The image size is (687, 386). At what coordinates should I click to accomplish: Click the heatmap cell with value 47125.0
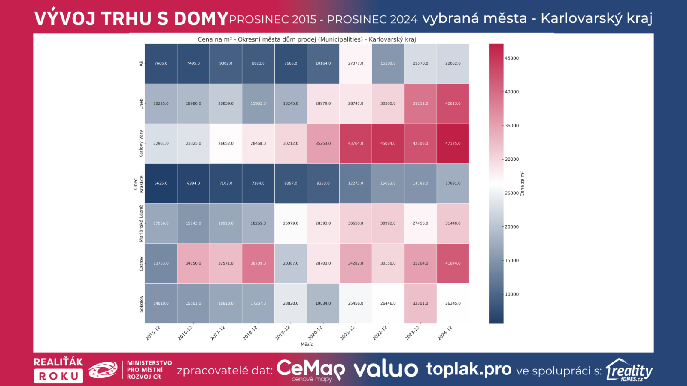click(x=453, y=143)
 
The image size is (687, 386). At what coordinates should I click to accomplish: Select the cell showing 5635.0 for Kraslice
click(x=161, y=183)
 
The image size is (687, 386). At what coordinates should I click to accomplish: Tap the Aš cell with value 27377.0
click(x=356, y=63)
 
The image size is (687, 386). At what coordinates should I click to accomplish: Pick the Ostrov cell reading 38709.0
click(x=258, y=263)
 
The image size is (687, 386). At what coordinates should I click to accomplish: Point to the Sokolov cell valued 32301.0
click(x=420, y=303)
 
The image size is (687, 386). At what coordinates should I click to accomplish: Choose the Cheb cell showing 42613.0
click(x=453, y=103)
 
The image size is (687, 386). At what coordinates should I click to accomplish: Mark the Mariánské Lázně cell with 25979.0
click(x=291, y=223)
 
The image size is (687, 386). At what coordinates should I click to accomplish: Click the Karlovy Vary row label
click(x=141, y=144)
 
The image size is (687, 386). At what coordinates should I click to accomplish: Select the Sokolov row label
click(x=141, y=304)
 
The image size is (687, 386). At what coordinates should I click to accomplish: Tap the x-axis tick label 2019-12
click(x=283, y=333)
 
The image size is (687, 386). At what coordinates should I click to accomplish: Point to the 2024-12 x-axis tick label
click(x=445, y=333)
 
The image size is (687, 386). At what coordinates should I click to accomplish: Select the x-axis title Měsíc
click(x=307, y=344)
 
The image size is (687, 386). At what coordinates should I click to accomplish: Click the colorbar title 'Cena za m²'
click(x=522, y=184)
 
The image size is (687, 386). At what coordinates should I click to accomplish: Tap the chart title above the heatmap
click(x=307, y=39)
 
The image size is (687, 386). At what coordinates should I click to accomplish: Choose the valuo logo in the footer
click(x=386, y=369)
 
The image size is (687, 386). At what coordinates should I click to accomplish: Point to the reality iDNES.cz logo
click(x=629, y=370)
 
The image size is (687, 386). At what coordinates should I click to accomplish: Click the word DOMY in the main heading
click(x=201, y=18)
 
